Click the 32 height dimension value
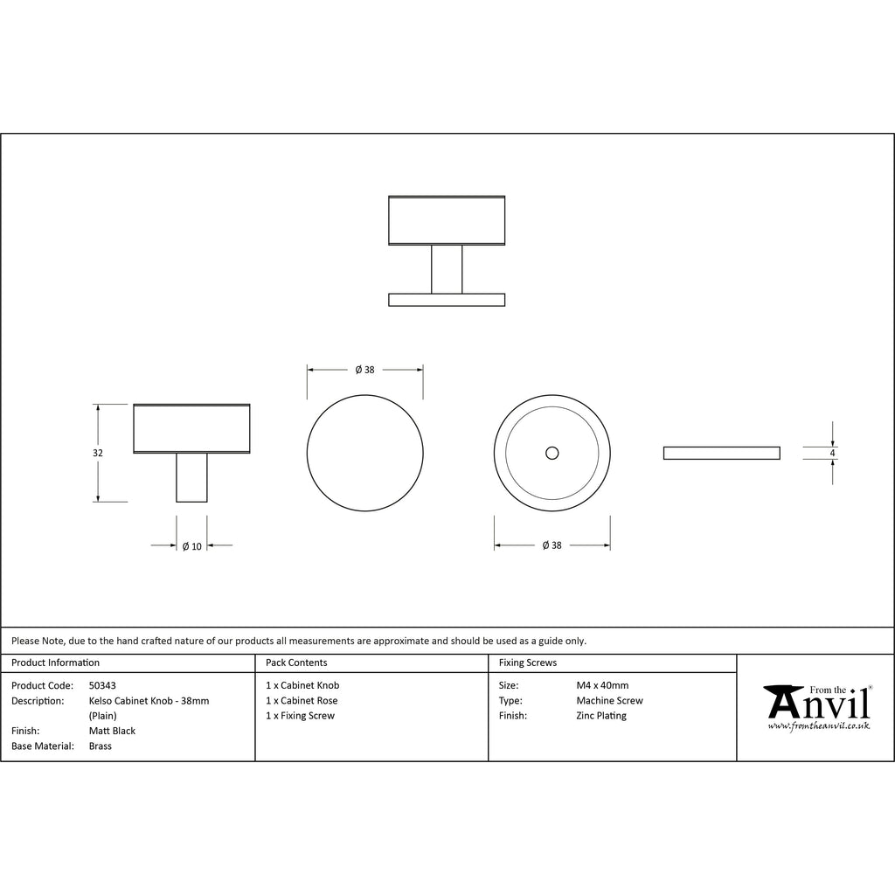tap(98, 453)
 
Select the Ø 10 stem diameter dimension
tap(191, 546)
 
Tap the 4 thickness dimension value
tap(832, 454)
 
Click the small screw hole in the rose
tap(552, 453)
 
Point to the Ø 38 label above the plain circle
tap(364, 370)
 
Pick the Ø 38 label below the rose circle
tap(552, 545)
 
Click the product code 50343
tap(102, 685)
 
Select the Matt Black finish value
tap(112, 731)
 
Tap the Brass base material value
tap(100, 746)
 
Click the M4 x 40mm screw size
tap(602, 685)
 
